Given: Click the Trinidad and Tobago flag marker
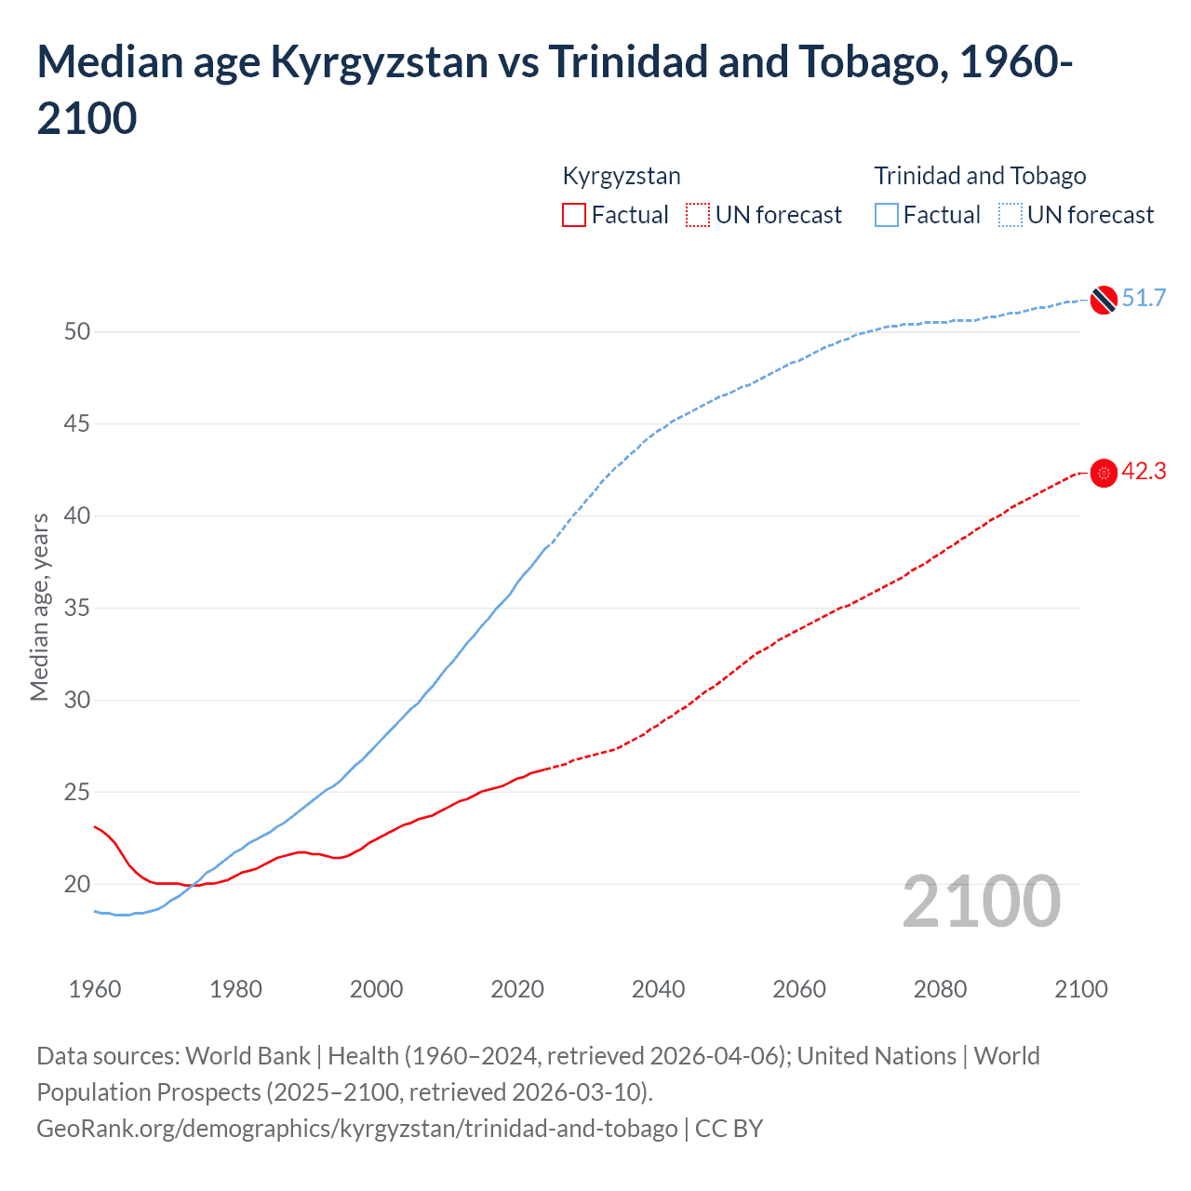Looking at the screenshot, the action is [x=1104, y=300].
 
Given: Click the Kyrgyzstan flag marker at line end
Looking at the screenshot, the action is [x=1104, y=474].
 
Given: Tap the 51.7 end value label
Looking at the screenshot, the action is [x=1144, y=298].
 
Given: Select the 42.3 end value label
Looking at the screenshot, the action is [x=1144, y=472].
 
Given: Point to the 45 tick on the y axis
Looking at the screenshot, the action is [x=77, y=424].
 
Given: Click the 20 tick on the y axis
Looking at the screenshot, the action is [x=77, y=884].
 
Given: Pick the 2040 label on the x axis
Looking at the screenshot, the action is [x=658, y=989].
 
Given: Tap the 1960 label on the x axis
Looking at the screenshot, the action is [x=95, y=989].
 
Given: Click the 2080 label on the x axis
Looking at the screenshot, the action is [x=940, y=989].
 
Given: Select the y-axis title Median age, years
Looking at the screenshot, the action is [x=39, y=607].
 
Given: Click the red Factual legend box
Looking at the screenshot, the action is [x=574, y=215].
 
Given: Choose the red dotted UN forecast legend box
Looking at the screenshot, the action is [x=698, y=215].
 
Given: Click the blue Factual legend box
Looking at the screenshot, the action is [x=887, y=215].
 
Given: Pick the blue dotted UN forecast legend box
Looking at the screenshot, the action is [x=1010, y=215].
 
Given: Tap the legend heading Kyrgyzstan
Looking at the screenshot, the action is [x=622, y=176].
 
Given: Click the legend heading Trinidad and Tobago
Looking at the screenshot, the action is [x=980, y=176].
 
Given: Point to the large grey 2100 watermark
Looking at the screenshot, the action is [x=981, y=902].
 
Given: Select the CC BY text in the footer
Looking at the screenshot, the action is [x=729, y=1129].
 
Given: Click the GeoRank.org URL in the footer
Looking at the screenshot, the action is [x=357, y=1129].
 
